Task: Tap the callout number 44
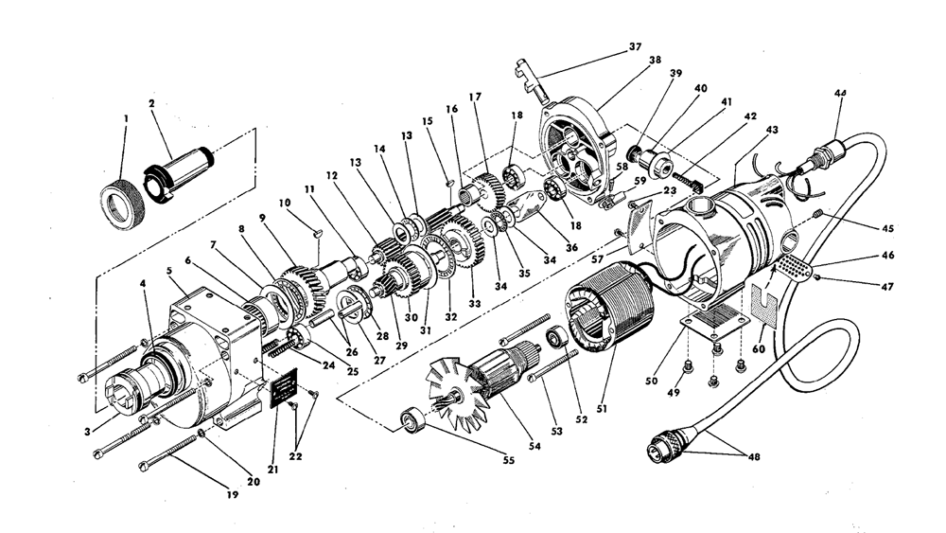point(840,93)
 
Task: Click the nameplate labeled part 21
point(285,391)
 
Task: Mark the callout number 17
point(474,97)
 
